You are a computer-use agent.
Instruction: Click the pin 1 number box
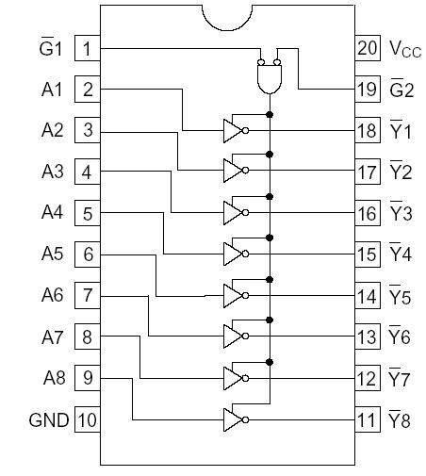click(88, 48)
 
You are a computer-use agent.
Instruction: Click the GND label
click(49, 419)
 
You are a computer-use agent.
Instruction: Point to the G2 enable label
click(401, 90)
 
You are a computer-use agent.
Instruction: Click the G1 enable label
click(52, 48)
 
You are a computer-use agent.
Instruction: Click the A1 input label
click(52, 90)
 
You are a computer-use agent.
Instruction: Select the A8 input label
click(52, 378)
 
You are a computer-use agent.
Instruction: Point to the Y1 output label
click(401, 131)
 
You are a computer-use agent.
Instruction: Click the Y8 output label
click(401, 419)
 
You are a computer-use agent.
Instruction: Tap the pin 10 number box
click(88, 419)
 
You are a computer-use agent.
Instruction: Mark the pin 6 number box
click(88, 254)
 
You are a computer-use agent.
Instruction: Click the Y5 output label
click(401, 296)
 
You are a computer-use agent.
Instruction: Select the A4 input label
click(52, 213)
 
